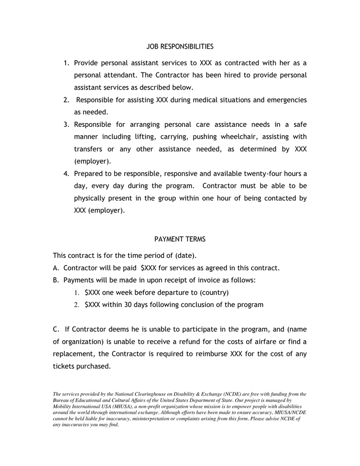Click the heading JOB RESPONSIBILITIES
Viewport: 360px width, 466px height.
coord(180,47)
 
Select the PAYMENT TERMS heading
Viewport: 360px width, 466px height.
coord(180,239)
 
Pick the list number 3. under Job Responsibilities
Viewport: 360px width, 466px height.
coord(67,124)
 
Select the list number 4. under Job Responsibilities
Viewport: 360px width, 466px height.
coord(67,173)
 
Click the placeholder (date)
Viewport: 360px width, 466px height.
coord(186,256)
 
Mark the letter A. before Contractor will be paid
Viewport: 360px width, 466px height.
coord(56,268)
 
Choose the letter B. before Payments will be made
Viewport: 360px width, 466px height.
coord(56,280)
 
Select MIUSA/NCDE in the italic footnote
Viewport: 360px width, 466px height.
coord(290,413)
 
